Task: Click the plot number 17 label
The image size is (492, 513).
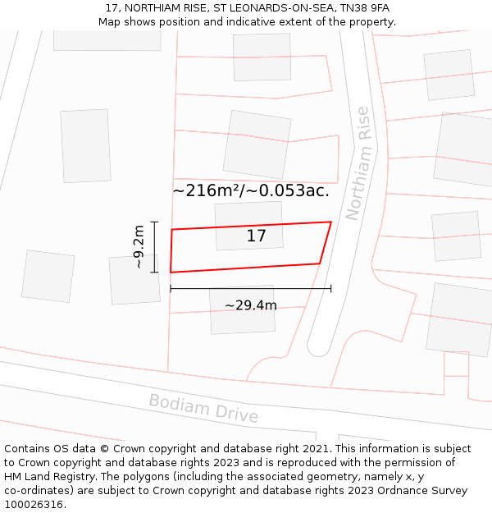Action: (x=256, y=236)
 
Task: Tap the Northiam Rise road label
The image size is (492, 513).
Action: (x=358, y=163)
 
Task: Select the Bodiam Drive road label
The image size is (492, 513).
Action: (x=203, y=409)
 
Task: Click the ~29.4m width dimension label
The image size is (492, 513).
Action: (x=251, y=306)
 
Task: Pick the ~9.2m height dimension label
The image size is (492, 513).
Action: (x=139, y=246)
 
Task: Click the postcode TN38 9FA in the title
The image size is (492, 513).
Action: (x=362, y=8)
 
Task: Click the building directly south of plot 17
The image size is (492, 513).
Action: (x=242, y=309)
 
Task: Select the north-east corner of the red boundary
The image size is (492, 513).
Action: (x=330, y=222)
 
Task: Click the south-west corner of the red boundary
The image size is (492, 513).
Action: (x=171, y=272)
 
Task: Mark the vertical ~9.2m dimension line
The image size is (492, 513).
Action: (x=154, y=246)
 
